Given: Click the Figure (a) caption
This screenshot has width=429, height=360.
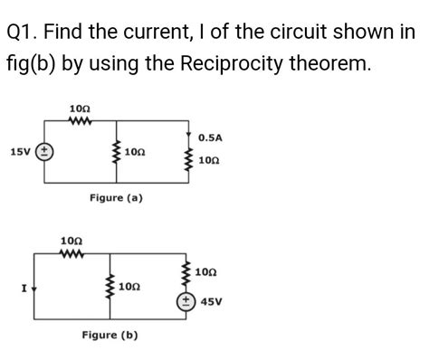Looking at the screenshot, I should (115, 196).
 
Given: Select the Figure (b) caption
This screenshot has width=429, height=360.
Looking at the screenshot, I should (110, 335).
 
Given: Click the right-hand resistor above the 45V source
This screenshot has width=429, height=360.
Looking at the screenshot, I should (186, 270).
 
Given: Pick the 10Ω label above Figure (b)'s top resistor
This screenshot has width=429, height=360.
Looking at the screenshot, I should (70, 240).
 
